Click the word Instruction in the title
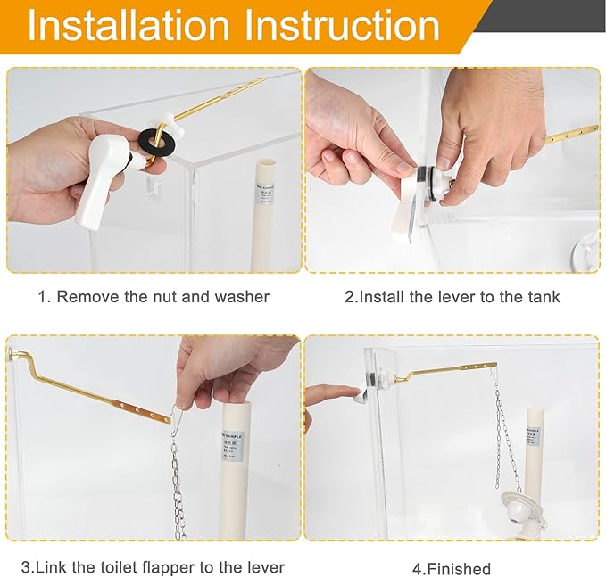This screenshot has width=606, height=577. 343,26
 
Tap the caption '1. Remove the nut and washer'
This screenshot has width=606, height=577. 154,296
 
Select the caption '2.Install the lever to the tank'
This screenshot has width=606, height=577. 452,296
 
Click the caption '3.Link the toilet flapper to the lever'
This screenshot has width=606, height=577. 153,566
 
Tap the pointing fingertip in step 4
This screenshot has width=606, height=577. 353,392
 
